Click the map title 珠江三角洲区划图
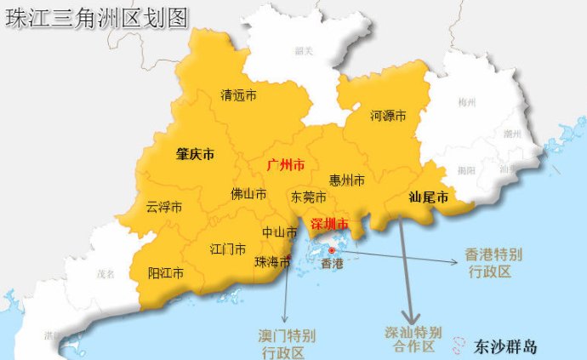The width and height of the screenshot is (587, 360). tap(96, 19)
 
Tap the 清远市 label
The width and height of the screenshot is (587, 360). tap(238, 95)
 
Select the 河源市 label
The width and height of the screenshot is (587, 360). tap(388, 115)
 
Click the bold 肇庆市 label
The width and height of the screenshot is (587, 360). tap(195, 155)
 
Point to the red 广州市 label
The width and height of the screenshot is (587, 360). tap(286, 162)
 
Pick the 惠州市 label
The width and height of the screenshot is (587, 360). tap(347, 180)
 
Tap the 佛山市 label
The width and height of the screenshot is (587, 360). tap(248, 194)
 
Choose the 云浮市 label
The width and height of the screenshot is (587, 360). tap(164, 207)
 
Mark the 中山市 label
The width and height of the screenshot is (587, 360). tap(279, 231)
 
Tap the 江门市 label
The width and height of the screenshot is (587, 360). tap(228, 249)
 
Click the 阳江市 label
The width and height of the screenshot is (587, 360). tap(167, 273)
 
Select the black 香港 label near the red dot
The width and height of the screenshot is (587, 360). tap(331, 264)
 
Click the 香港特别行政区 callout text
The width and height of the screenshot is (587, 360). tap(493, 263)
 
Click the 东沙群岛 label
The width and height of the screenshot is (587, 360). tap(507, 347)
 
